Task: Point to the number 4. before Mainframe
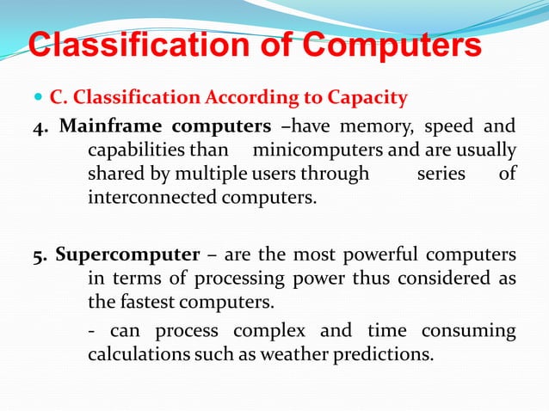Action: tap(42, 127)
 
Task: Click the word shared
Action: tap(117, 174)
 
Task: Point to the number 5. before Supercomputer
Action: tap(42, 256)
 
